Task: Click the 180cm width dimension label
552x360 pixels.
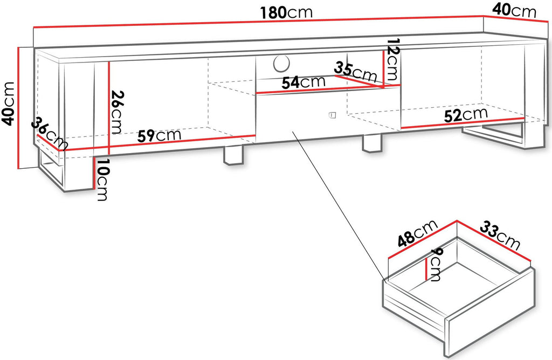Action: [286, 13]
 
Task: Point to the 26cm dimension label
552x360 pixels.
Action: [116, 112]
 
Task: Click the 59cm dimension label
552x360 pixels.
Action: [159, 135]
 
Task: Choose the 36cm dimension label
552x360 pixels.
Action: [50, 134]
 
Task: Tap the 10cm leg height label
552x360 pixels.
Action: [102, 179]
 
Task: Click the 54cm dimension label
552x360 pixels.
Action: [303, 82]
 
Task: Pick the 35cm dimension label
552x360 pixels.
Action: [356, 72]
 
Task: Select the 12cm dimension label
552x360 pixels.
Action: [393, 59]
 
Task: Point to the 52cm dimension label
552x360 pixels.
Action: [466, 115]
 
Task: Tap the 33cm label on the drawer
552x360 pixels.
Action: [500, 235]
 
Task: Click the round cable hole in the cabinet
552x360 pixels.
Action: [281, 63]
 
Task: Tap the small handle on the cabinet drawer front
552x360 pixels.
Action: [332, 115]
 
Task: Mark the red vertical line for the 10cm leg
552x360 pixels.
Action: [94, 174]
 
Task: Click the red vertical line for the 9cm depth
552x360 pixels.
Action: [427, 268]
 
